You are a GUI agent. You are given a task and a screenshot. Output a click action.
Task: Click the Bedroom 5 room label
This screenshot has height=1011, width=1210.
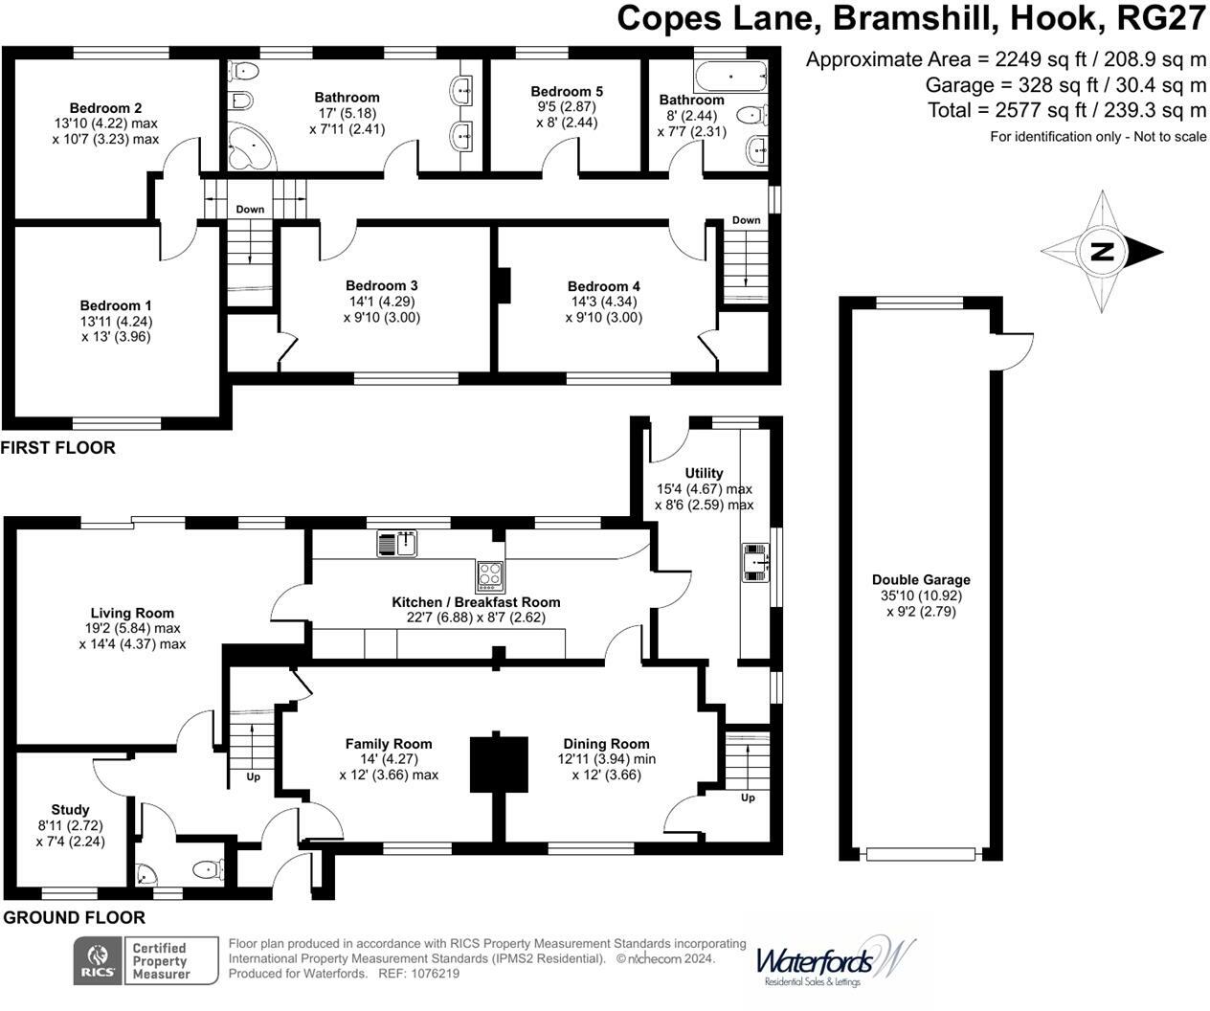tap(567, 92)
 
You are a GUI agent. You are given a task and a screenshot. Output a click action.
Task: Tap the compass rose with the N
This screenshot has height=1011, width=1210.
tap(1102, 252)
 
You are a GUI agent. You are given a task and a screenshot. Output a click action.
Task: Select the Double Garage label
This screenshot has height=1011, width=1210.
tap(920, 579)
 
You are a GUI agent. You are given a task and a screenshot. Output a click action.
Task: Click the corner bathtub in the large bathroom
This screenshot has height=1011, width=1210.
tap(249, 149)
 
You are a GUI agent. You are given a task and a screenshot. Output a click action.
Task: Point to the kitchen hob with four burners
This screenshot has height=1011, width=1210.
tap(490, 573)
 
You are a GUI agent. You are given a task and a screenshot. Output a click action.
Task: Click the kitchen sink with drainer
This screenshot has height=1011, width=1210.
tap(396, 544)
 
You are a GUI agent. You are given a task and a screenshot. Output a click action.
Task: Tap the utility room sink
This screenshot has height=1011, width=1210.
tap(757, 562)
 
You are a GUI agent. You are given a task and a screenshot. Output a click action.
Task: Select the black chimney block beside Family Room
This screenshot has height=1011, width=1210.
tap(499, 763)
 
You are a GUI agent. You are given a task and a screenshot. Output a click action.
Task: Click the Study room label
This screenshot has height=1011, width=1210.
tap(70, 809)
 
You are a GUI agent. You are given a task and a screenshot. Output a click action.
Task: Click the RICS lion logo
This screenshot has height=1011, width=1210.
tap(98, 960)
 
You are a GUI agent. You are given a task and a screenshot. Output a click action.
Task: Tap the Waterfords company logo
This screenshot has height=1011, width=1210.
tap(833, 961)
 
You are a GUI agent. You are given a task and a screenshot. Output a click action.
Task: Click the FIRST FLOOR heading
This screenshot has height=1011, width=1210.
tap(58, 448)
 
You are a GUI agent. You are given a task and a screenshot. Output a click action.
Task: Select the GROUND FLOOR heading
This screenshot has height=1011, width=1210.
tap(74, 917)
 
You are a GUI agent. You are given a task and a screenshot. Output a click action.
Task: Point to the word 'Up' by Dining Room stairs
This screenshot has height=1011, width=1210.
tap(748, 798)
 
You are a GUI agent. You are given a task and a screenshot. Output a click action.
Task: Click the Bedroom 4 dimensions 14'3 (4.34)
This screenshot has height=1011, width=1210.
tap(603, 302)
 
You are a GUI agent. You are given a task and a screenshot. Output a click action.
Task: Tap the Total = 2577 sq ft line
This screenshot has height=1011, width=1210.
tap(1066, 109)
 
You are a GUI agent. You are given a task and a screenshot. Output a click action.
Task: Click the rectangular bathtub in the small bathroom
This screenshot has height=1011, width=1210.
tap(730, 74)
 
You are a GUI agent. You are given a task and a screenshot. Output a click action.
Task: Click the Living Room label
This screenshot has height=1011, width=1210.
tap(132, 613)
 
